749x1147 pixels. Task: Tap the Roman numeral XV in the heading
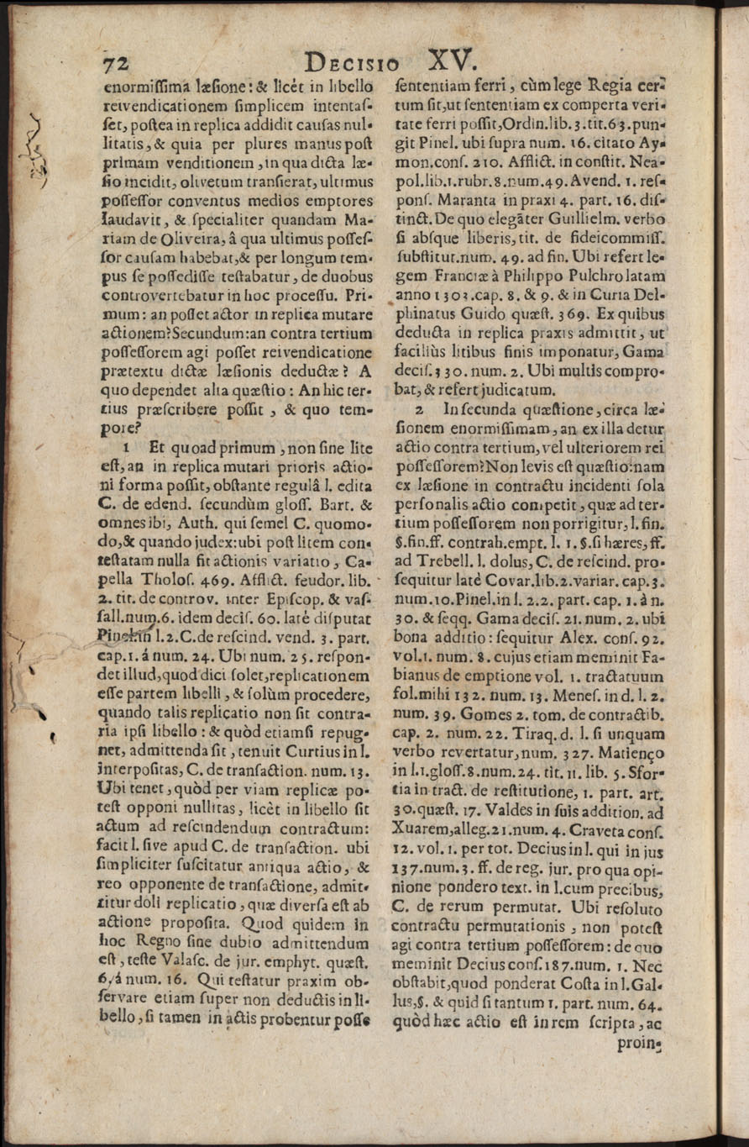pos(451,60)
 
